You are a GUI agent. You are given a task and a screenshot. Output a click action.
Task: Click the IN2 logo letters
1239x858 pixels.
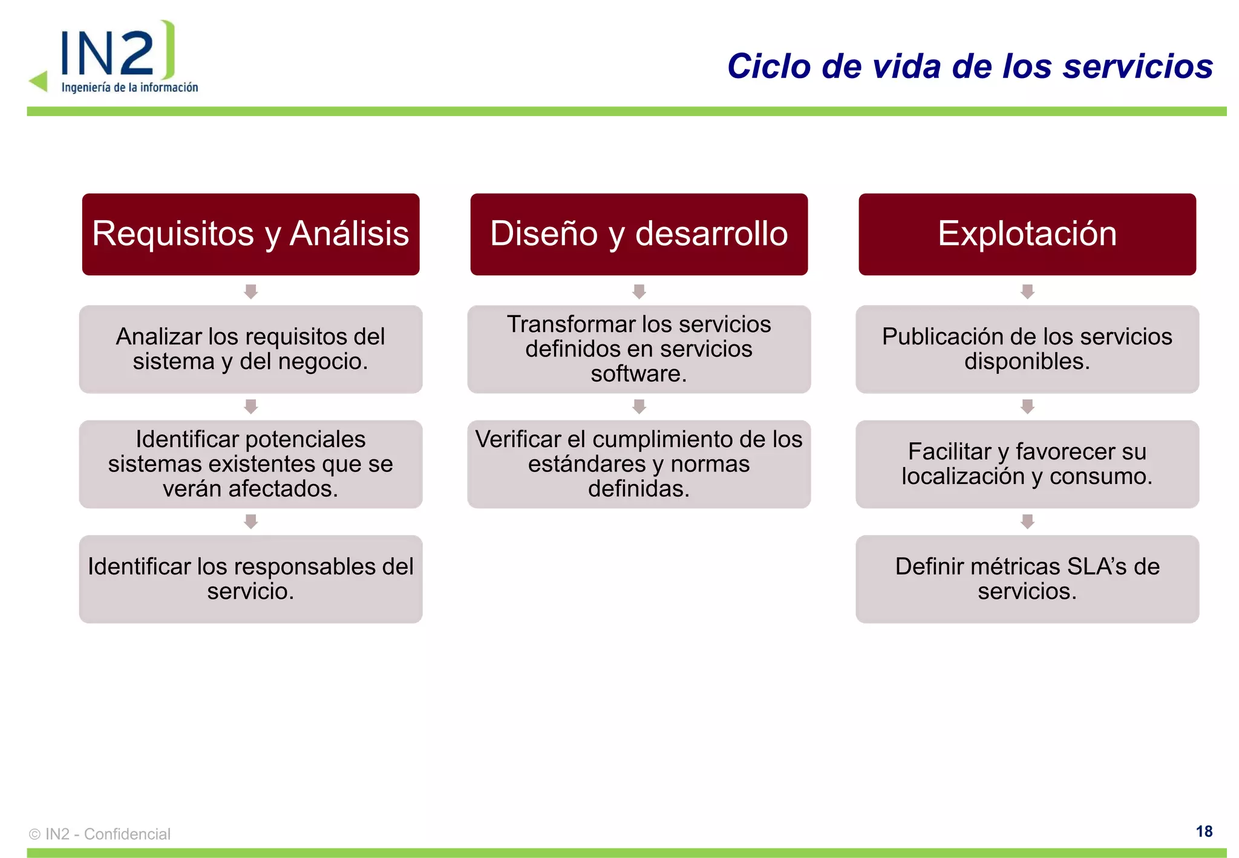coord(108,53)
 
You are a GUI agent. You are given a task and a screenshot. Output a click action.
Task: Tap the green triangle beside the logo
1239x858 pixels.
coord(39,80)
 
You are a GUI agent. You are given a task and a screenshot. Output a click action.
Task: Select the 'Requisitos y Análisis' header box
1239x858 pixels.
coord(250,234)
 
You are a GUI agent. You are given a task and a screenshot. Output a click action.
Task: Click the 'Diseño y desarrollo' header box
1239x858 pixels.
coord(639,234)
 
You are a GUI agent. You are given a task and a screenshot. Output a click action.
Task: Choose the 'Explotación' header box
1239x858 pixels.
coord(1027,234)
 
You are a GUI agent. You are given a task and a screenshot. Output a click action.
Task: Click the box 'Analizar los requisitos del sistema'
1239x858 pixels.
coord(250,349)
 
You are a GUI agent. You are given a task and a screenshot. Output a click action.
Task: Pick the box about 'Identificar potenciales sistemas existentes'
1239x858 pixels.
coord(250,464)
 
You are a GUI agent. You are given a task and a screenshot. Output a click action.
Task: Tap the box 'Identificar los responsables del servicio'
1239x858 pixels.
coord(250,579)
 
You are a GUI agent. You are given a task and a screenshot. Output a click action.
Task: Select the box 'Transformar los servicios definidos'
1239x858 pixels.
coord(639,349)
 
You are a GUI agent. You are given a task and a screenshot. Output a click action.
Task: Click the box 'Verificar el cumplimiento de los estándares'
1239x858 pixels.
coord(639,464)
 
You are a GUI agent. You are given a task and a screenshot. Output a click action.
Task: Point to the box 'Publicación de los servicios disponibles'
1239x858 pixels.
coord(1027,349)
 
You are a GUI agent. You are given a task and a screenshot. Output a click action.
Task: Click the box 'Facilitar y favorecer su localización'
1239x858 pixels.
coord(1027,464)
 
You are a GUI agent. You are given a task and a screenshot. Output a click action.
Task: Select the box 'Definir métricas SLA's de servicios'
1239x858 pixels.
coord(1027,579)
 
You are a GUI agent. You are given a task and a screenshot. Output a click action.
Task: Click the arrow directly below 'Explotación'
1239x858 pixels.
coord(1027,292)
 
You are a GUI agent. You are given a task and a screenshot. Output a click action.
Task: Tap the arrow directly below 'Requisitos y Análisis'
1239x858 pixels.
coord(250,292)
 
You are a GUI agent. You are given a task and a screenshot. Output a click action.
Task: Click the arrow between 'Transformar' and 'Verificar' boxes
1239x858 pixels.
coord(639,407)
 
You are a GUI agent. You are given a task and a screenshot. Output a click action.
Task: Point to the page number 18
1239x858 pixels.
coord(1204,831)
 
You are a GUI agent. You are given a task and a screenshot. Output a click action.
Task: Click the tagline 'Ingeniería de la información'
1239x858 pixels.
coord(129,88)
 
